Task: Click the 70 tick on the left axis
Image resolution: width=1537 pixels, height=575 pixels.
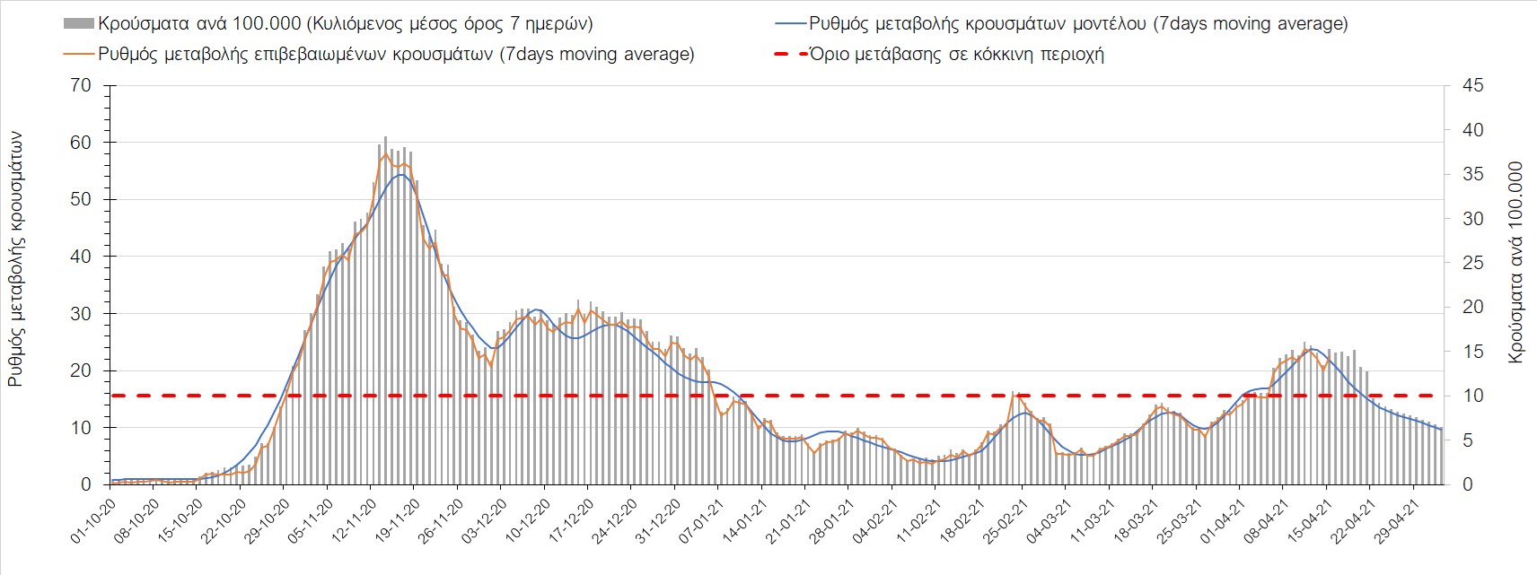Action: click(x=81, y=86)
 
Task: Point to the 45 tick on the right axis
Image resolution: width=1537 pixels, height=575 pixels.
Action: click(x=1472, y=86)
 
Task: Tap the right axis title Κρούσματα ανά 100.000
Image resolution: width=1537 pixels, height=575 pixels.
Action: click(x=1515, y=262)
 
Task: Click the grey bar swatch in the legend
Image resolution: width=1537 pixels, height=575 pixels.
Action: click(x=79, y=24)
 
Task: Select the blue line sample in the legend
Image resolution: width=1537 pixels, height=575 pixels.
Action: click(x=789, y=24)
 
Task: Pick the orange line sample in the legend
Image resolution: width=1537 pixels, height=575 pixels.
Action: click(x=79, y=54)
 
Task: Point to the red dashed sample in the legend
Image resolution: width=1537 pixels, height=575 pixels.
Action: click(x=789, y=54)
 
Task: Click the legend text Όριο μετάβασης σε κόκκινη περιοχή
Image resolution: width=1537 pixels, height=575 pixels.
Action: click(x=956, y=54)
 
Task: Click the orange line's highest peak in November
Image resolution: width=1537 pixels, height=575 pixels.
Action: click(x=386, y=153)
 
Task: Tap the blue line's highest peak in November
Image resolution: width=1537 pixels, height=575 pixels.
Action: click(x=400, y=174)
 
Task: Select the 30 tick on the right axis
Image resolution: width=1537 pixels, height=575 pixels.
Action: click(x=1472, y=219)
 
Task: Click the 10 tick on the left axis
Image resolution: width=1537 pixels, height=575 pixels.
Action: click(x=81, y=428)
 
